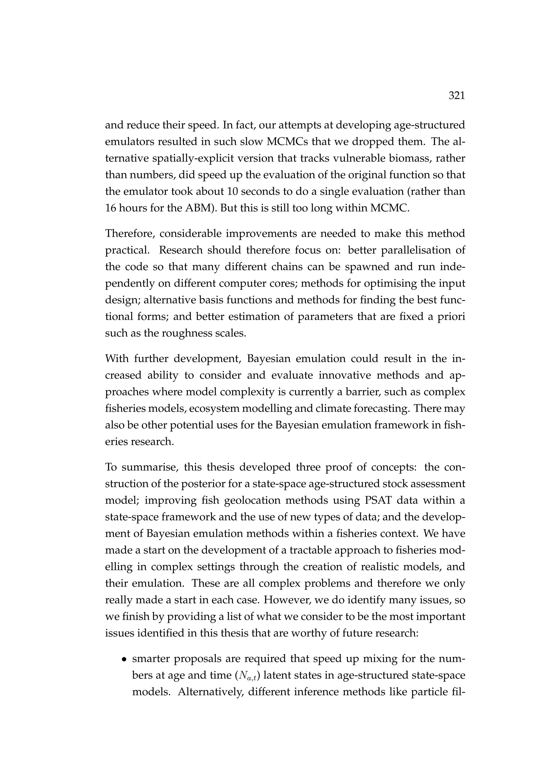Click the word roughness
[187, 333]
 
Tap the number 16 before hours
[111, 208]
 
